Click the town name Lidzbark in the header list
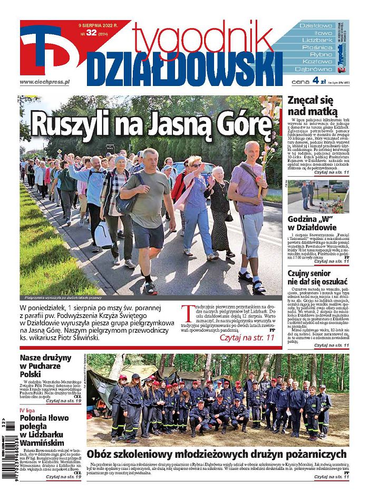coord(317,40)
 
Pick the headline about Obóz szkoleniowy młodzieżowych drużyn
coord(217,454)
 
